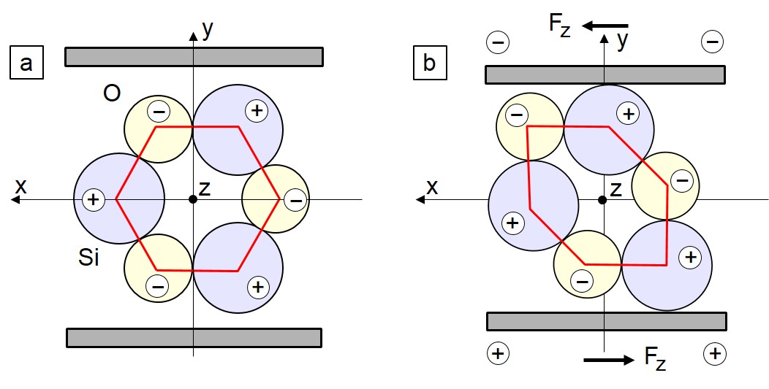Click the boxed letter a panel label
click(x=26, y=62)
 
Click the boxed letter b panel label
click(x=430, y=62)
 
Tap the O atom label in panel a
click(x=112, y=93)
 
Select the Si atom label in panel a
click(x=88, y=257)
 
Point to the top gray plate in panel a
click(x=194, y=57)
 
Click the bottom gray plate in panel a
click(x=194, y=338)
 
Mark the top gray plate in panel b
click(x=605, y=75)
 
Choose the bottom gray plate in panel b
click(x=607, y=321)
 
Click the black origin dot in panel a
click(x=193, y=199)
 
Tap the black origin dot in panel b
click(x=603, y=200)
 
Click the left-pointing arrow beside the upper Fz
click(x=605, y=26)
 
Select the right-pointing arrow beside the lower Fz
click(x=609, y=360)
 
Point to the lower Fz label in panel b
click(x=655, y=359)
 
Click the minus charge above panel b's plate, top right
click(x=713, y=42)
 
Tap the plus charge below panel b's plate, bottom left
click(x=499, y=353)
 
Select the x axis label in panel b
click(x=432, y=187)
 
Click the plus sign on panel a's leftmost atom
click(x=93, y=199)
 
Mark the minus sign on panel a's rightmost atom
click(x=295, y=201)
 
